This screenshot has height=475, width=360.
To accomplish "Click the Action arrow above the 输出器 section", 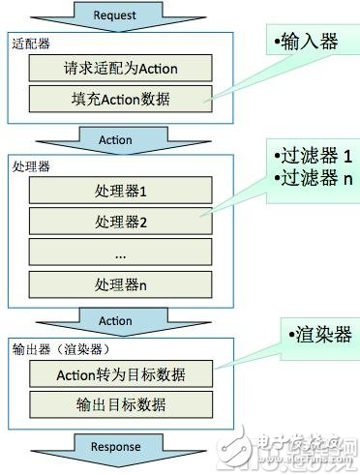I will coord(115,321).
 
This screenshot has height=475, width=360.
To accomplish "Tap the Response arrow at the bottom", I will coord(115,446).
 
